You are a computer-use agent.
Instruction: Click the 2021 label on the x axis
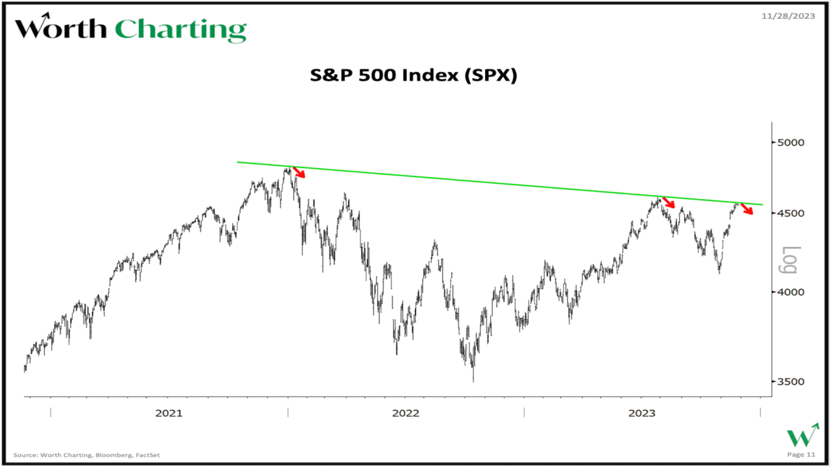pos(169,413)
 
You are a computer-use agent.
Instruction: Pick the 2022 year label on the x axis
pos(405,413)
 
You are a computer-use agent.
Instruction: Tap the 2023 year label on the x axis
pos(642,413)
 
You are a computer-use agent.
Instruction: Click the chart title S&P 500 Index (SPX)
pos(413,76)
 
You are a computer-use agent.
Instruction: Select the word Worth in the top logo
pos(61,29)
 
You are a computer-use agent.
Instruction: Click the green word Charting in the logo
pos(180,30)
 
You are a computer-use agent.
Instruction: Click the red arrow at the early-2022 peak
pos(299,172)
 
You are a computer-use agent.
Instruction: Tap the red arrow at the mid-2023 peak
pos(669,202)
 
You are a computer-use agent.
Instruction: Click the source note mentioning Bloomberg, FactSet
pos(86,455)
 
